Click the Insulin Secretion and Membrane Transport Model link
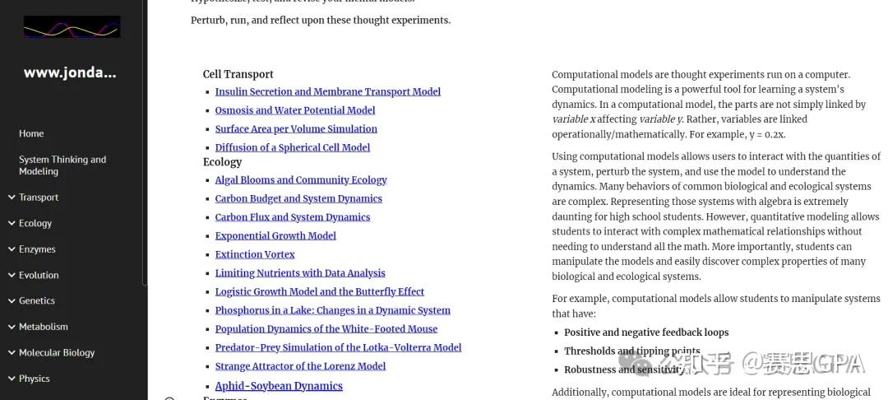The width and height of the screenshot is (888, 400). tap(327, 92)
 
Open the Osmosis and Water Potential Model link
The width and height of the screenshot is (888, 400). tap(294, 110)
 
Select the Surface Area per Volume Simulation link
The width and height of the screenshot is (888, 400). tap(296, 129)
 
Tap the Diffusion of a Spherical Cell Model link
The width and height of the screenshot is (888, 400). tap(292, 148)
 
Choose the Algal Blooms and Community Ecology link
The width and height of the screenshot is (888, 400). tap(300, 180)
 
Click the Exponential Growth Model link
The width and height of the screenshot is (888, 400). tap(275, 236)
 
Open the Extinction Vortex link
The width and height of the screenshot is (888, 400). tap(255, 255)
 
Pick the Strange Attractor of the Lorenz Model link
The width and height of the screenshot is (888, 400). tap(300, 366)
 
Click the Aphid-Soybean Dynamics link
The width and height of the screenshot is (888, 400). tap(279, 386)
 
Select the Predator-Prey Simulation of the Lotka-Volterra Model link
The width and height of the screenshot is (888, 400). tap(338, 348)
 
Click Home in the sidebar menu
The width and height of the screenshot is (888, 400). tap(31, 133)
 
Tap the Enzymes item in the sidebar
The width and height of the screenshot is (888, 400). tap(37, 249)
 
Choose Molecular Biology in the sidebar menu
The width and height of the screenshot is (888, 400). tap(57, 353)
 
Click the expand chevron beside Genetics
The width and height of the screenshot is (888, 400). tap(11, 301)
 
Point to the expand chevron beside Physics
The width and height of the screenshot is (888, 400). tap(11, 379)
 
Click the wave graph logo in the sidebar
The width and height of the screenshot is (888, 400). tap(72, 27)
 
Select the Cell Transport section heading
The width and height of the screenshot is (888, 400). tap(238, 74)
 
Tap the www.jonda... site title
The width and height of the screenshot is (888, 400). tap(70, 72)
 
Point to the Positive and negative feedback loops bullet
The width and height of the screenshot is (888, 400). tap(645, 333)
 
